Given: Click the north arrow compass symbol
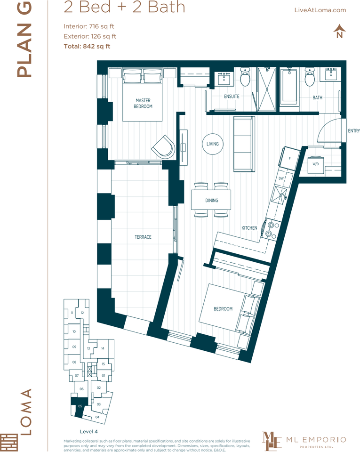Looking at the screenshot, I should (x=339, y=32).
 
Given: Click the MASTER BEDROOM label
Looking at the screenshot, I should (x=144, y=104).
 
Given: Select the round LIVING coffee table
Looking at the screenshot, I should (x=212, y=144).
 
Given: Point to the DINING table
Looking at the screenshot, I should (x=211, y=200).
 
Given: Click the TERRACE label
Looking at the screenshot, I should (x=143, y=237).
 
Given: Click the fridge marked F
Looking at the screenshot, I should (x=288, y=159).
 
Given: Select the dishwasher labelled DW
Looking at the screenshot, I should (x=281, y=178).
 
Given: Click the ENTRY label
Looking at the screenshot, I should (x=353, y=131).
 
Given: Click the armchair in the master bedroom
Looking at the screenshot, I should (x=163, y=147).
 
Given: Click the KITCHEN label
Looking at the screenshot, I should (x=249, y=228).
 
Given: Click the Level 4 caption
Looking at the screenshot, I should (x=89, y=431).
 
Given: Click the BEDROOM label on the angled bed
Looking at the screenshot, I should (x=223, y=309).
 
